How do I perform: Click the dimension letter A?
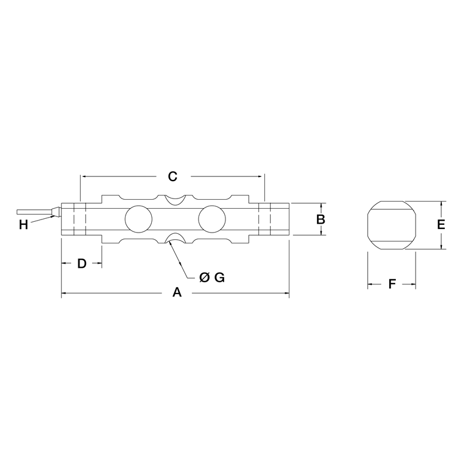[176, 292]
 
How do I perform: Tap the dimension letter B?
[320, 219]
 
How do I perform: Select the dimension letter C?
[172, 176]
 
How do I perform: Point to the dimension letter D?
[82, 264]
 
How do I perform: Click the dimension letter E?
[441, 225]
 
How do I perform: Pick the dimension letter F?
[392, 284]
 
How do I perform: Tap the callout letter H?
[23, 225]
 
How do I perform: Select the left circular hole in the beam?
[138, 218]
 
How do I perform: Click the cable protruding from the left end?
[36, 212]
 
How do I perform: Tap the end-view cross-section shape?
[390, 225]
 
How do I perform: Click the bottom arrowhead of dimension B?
[320, 233]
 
